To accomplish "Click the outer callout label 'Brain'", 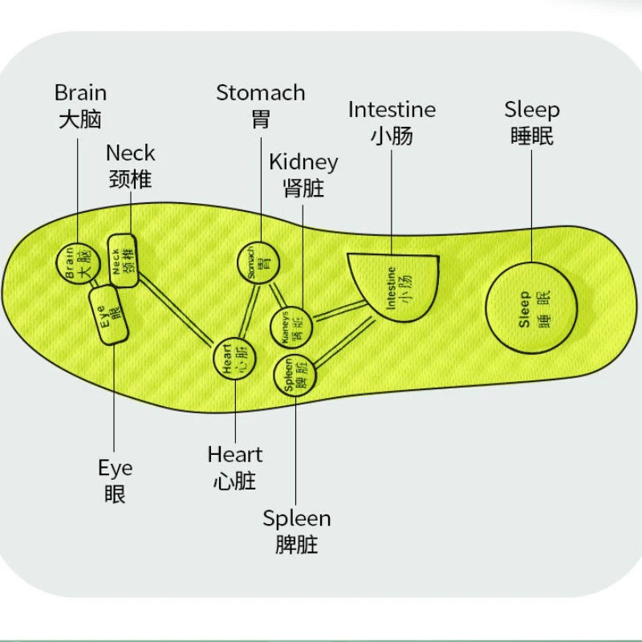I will (80, 92).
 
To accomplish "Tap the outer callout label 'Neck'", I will (130, 152).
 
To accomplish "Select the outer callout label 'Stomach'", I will (261, 92).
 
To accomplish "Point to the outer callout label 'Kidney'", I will (303, 161).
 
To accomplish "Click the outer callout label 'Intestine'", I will (392, 109).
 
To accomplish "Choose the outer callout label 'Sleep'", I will (531, 109).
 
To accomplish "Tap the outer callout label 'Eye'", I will (115, 467).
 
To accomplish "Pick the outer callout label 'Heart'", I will (235, 454).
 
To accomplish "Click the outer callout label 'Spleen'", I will (296, 518).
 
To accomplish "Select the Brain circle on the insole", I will (75, 262).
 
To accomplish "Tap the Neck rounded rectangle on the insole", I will (125, 259).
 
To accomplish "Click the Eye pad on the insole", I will (110, 314).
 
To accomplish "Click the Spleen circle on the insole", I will (295, 374).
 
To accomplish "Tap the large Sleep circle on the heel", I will (531, 307).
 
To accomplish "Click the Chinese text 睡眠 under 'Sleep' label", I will (531, 136).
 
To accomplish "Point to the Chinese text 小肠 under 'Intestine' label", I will (392, 136).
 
